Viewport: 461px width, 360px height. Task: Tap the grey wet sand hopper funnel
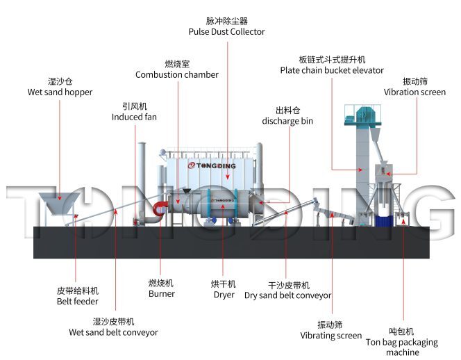pyautogui.click(x=59, y=203)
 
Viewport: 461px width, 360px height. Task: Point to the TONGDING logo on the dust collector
pyautogui.click(x=212, y=165)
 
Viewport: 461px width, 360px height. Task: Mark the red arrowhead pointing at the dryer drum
pyautogui.click(x=223, y=206)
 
